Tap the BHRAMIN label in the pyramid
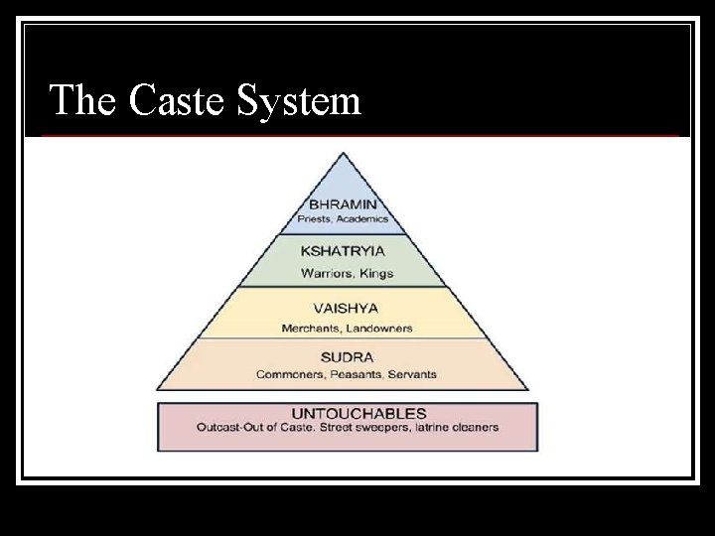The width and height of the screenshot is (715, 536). tap(343, 203)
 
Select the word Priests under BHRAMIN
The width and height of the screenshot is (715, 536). tap(315, 218)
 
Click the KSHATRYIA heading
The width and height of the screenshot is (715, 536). tap(344, 251)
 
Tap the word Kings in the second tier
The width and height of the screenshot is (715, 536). tap(376, 273)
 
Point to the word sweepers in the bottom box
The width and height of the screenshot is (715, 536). tap(371, 429)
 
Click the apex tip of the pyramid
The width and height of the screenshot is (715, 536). tap(343, 153)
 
